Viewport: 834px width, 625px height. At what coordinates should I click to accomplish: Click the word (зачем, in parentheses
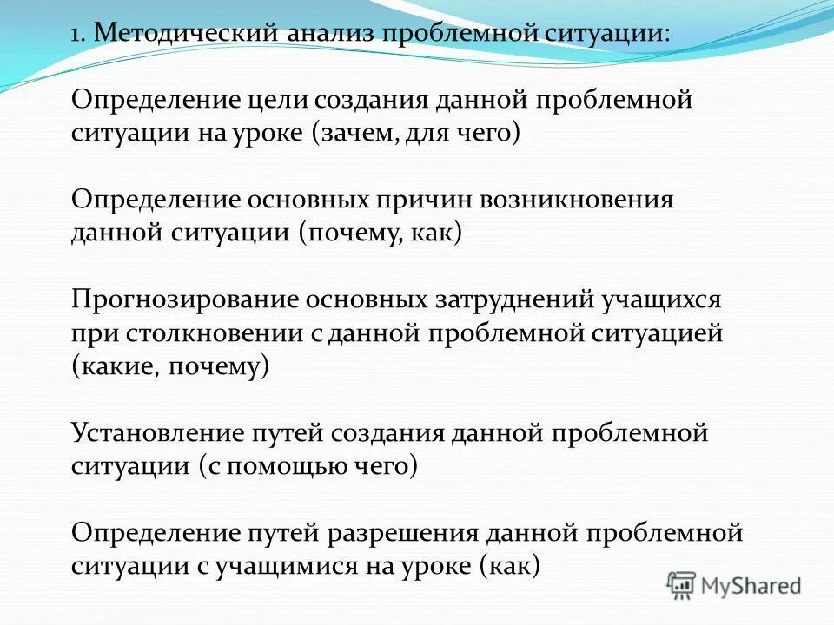353,135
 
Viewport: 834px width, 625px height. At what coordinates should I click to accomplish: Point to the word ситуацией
659,333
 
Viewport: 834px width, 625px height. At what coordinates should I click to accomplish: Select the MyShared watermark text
752,586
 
